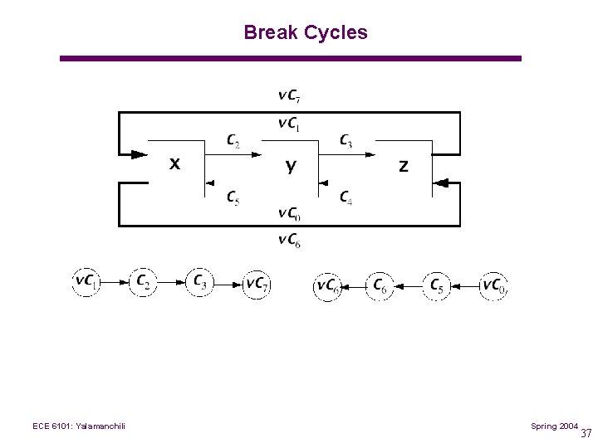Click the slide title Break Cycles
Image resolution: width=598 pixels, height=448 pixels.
[x=305, y=33]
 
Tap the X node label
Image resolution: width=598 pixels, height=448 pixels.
[x=174, y=164]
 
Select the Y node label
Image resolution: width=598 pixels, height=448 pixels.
[x=290, y=166]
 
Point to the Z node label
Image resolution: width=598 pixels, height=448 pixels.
[x=404, y=166]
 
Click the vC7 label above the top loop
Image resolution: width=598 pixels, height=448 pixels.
[x=289, y=95]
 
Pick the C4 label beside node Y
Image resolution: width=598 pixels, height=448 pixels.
[x=346, y=197]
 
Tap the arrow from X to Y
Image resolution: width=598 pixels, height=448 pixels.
[x=233, y=153]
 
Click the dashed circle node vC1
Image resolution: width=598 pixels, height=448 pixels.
[x=86, y=283]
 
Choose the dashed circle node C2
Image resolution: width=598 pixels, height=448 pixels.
[x=144, y=283]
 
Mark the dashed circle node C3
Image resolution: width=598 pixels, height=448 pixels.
[x=200, y=283]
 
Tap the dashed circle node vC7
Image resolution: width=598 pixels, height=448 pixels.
[x=257, y=284]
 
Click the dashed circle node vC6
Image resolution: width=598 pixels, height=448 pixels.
[x=327, y=286]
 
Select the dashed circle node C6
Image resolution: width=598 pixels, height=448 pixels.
[x=380, y=286]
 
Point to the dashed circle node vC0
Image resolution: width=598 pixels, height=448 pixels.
[x=494, y=286]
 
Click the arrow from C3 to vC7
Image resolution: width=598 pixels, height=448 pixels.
[x=228, y=284]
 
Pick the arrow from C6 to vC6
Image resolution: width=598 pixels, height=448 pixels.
[x=354, y=286]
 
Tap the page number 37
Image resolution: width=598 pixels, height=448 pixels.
[x=586, y=433]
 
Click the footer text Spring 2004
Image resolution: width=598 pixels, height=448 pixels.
[x=555, y=426]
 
